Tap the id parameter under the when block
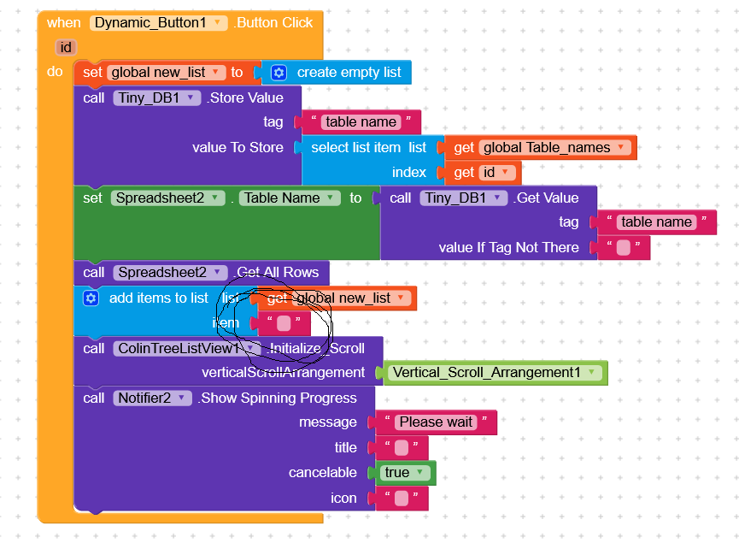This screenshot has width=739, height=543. (x=66, y=47)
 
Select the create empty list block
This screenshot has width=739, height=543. (x=349, y=73)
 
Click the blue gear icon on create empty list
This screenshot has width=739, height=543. (x=279, y=73)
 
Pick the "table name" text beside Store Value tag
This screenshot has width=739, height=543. (x=361, y=122)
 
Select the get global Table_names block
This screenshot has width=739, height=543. (x=547, y=148)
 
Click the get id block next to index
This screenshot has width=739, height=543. (x=487, y=173)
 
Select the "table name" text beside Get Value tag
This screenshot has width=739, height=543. (x=656, y=222)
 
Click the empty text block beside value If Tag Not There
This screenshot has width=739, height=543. (x=624, y=248)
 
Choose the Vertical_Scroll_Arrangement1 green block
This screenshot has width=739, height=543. (x=495, y=373)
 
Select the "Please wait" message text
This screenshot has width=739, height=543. (x=436, y=422)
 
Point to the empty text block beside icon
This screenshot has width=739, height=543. (x=402, y=498)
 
